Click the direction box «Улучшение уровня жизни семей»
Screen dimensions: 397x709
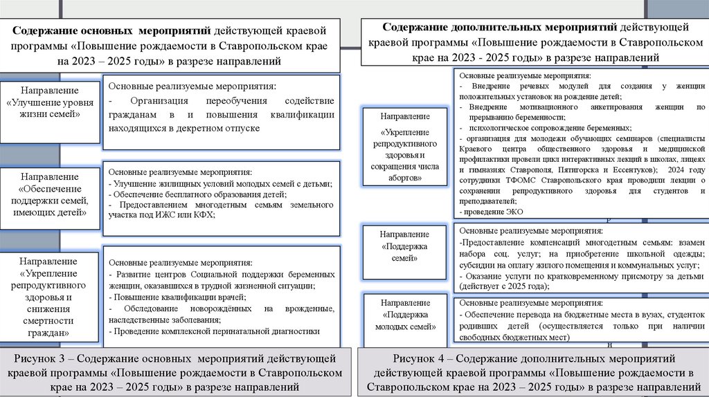(x=49, y=111)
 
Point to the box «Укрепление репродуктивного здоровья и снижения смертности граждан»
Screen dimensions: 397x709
(x=49, y=297)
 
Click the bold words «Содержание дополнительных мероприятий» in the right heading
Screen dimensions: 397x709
(x=499, y=28)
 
